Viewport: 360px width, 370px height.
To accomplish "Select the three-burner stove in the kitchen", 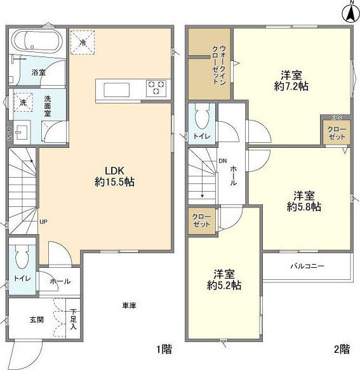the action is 156,88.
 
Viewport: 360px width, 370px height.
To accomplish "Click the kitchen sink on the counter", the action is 117,89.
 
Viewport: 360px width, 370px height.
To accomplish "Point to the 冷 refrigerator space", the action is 83,43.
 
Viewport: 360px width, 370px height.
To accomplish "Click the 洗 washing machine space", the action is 23,102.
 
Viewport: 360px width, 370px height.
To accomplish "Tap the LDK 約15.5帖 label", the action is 114,176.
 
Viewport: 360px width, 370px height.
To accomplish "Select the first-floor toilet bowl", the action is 22,257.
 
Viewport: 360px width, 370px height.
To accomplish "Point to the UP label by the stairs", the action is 43,222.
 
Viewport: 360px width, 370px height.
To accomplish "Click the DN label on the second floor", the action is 223,161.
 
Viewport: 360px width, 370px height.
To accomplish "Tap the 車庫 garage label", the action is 129,305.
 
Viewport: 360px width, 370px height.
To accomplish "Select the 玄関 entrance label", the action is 37,320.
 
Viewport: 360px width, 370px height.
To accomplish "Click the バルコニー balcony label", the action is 307,266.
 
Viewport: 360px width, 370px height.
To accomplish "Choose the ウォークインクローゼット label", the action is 219,65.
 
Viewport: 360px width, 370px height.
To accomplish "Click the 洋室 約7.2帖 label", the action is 291,81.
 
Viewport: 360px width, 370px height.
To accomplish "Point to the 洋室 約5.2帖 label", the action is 224,280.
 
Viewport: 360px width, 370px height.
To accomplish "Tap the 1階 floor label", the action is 164,349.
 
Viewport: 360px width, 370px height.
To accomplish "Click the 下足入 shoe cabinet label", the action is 73,319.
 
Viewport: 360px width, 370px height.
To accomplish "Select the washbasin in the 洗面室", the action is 22,132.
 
